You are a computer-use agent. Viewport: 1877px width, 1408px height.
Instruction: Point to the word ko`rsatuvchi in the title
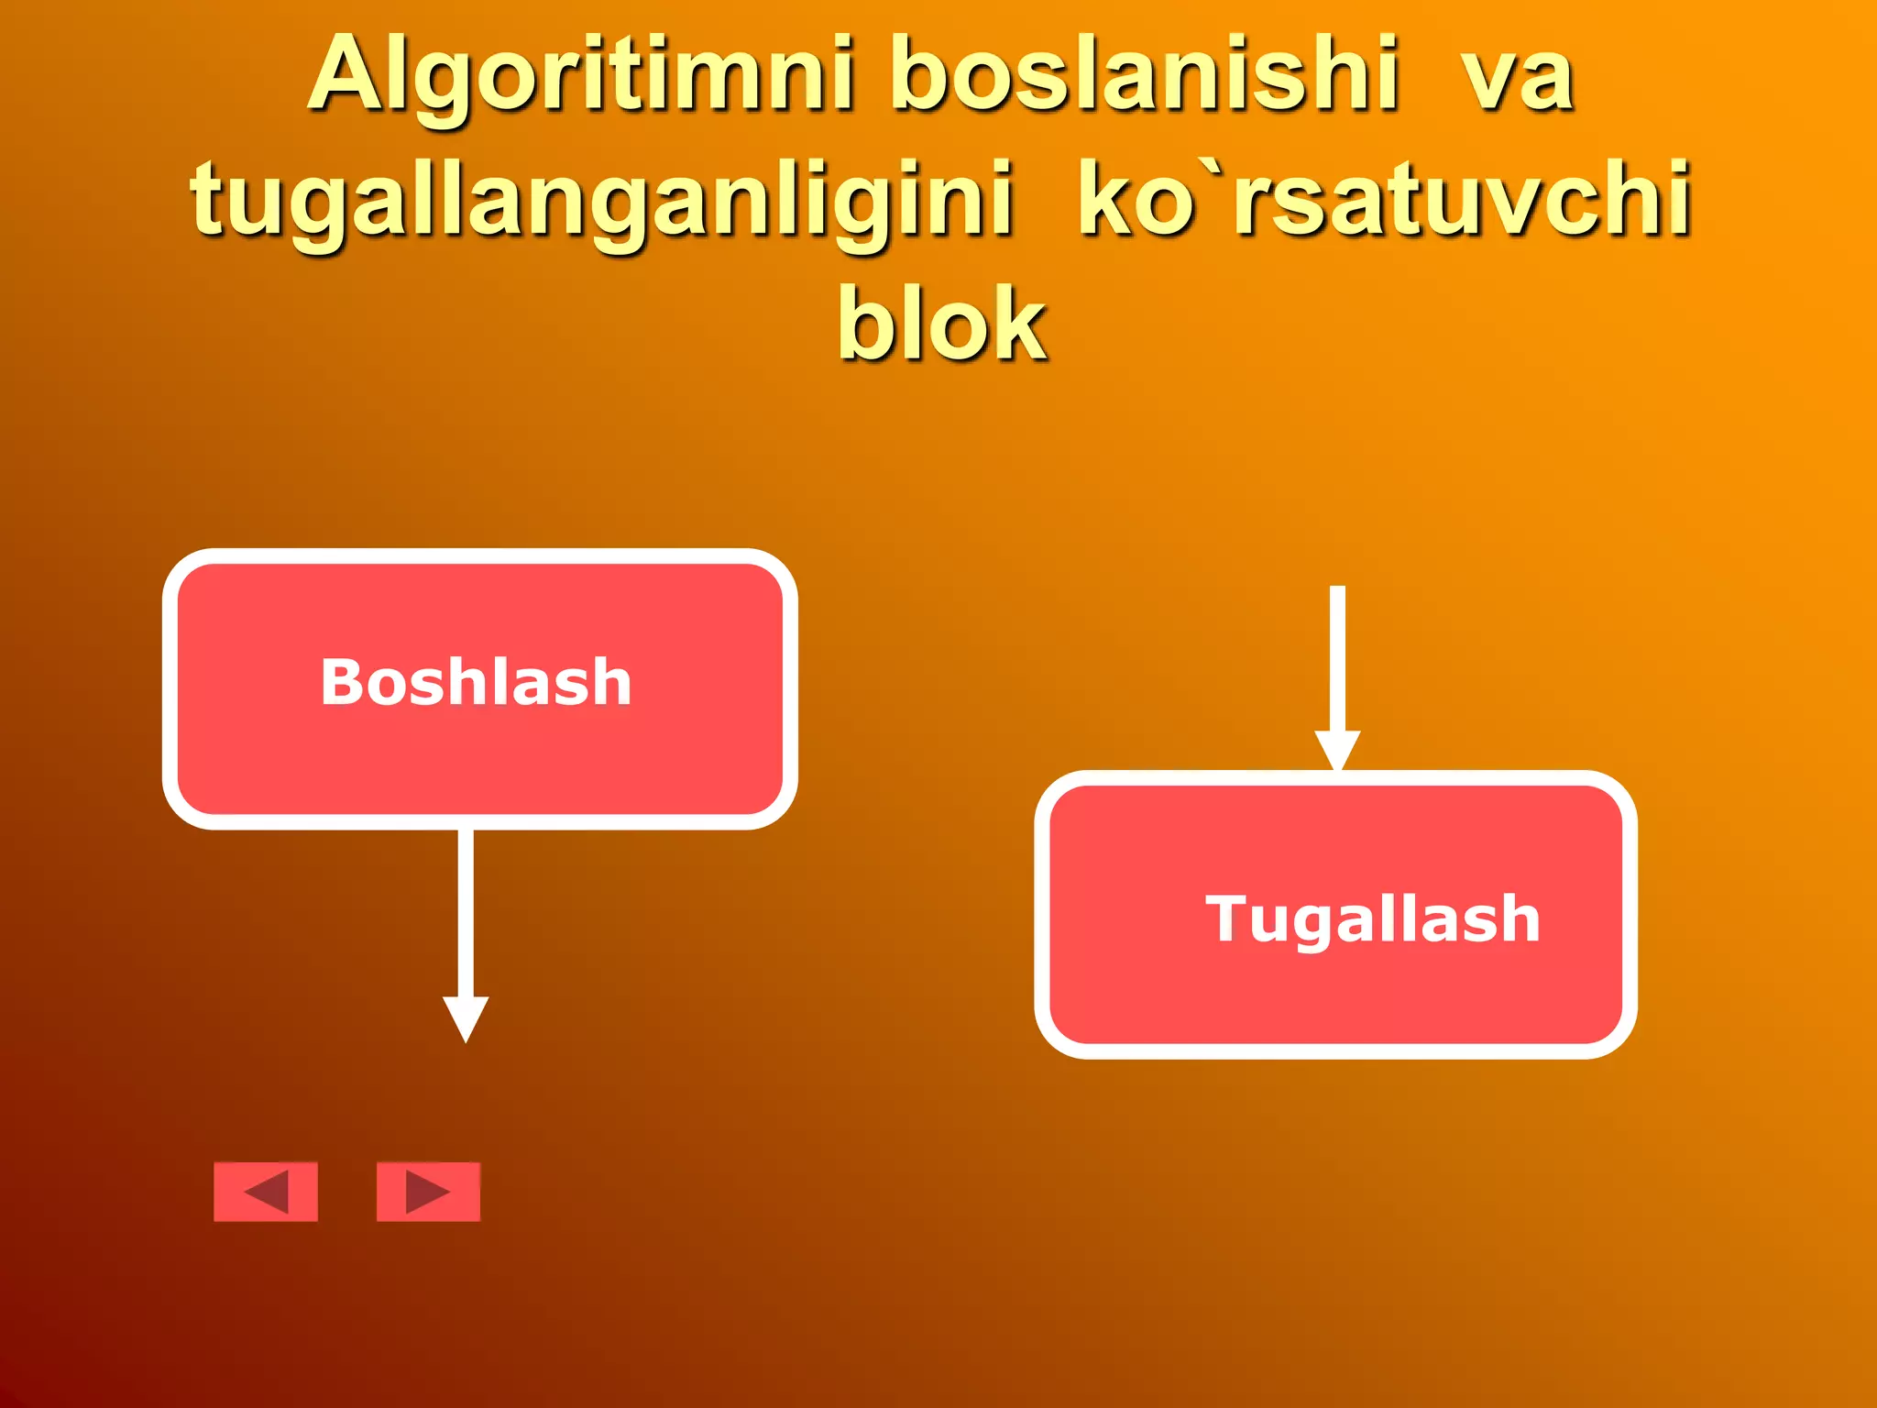point(1384,198)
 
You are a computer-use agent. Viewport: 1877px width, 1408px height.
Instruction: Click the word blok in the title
point(941,323)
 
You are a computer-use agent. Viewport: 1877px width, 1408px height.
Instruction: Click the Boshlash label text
point(476,683)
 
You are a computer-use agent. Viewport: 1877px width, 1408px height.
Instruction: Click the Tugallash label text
point(1372,918)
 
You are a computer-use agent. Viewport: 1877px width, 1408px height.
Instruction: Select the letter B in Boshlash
point(342,683)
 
